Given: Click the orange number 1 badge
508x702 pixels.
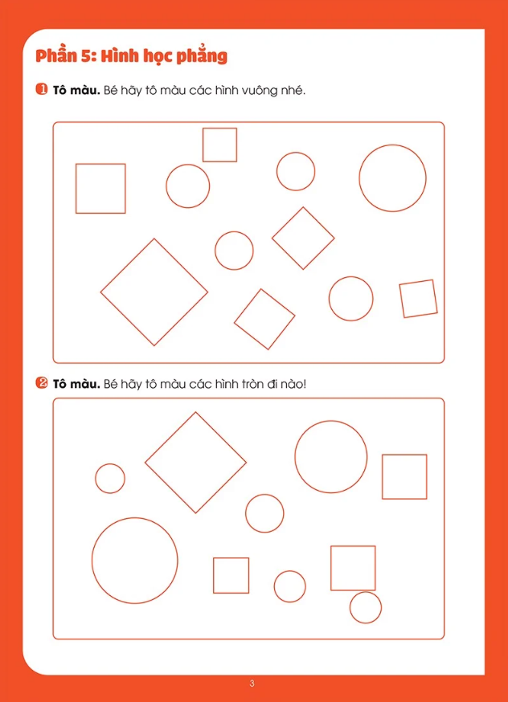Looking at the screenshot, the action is pyautogui.click(x=41, y=89).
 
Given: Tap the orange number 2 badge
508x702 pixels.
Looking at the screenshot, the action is pyautogui.click(x=41, y=383).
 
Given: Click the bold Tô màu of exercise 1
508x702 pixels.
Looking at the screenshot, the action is pyautogui.click(x=76, y=90).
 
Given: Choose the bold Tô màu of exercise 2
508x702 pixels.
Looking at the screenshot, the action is pyautogui.click(x=76, y=384).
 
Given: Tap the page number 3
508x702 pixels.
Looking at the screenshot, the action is pyautogui.click(x=252, y=684).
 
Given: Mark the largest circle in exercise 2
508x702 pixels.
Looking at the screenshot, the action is pyautogui.click(x=92, y=560).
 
